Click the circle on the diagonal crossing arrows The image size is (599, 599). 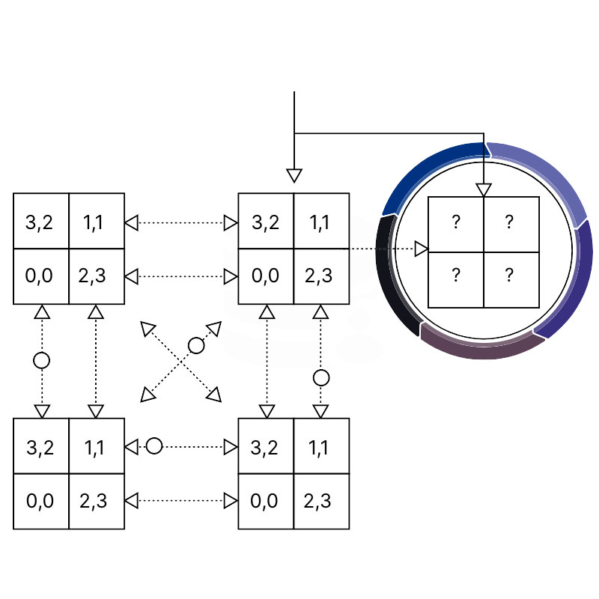[x=196, y=345]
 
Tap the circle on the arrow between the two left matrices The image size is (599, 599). [x=42, y=360]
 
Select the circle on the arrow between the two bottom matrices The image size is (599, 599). [x=154, y=446]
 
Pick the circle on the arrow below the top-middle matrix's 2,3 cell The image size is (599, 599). [x=321, y=377]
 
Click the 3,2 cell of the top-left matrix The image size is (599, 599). [x=41, y=222]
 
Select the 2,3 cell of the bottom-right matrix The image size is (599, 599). [x=321, y=501]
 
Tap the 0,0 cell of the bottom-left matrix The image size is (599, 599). [x=41, y=501]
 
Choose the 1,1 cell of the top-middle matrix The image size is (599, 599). [x=321, y=222]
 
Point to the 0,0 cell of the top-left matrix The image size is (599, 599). [x=41, y=276]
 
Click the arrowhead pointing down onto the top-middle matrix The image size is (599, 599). [x=294, y=176]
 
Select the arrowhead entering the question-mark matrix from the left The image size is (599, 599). [x=422, y=248]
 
